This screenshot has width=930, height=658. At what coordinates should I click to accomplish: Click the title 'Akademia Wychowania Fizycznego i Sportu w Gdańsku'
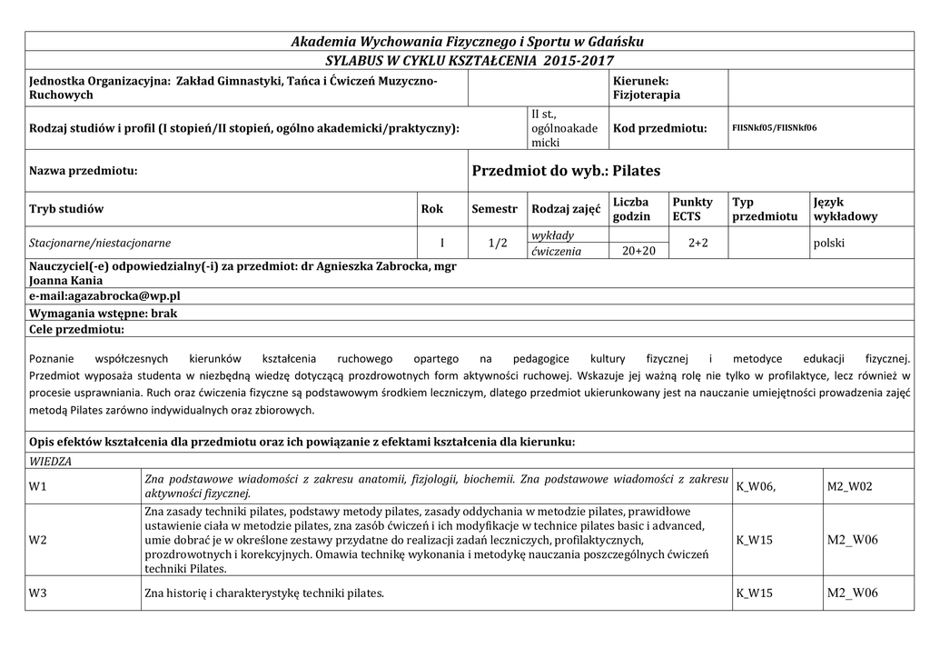[467, 42]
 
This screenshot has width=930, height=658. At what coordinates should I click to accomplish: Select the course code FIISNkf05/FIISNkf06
[774, 128]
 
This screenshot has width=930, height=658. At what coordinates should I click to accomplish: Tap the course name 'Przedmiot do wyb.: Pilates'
[566, 171]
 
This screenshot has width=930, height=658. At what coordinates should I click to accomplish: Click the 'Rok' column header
[432, 209]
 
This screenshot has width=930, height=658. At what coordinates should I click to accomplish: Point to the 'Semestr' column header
[494, 209]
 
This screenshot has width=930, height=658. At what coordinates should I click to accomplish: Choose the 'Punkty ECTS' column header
[693, 209]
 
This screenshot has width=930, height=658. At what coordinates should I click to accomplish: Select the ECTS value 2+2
[697, 243]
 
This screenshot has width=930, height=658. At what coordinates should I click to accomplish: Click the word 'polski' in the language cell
[830, 243]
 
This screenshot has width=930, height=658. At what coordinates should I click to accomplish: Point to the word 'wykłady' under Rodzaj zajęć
[552, 235]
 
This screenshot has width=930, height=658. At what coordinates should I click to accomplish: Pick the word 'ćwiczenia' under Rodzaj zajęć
[557, 251]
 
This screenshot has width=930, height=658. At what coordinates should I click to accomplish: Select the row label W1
[38, 486]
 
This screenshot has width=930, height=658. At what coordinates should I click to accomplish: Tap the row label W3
[38, 593]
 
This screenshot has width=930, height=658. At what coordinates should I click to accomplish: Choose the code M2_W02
[849, 486]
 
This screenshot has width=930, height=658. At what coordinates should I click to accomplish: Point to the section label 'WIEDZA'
[51, 462]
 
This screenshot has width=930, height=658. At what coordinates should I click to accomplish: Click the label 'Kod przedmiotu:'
[659, 129]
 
